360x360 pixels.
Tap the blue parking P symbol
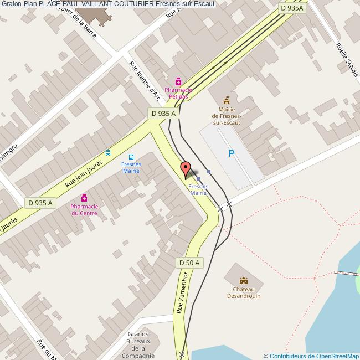pyautogui.click(x=232, y=153)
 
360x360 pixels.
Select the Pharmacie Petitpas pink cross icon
pyautogui.click(x=178, y=81)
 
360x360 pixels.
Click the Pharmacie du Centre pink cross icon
pyautogui.click(x=84, y=198)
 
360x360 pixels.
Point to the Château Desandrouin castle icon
pyautogui.click(x=244, y=281)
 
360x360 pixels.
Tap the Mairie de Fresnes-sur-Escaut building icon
pyautogui.click(x=226, y=100)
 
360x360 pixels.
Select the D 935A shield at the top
pyautogui.click(x=291, y=8)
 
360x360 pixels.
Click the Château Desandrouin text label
pyautogui.click(x=244, y=292)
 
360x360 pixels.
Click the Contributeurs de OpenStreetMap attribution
pyautogui.click(x=311, y=356)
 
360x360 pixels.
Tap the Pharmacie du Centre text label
pyautogui.click(x=84, y=209)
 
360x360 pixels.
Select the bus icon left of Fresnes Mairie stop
pyautogui.click(x=108, y=153)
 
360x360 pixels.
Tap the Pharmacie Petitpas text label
pyautogui.click(x=178, y=93)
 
